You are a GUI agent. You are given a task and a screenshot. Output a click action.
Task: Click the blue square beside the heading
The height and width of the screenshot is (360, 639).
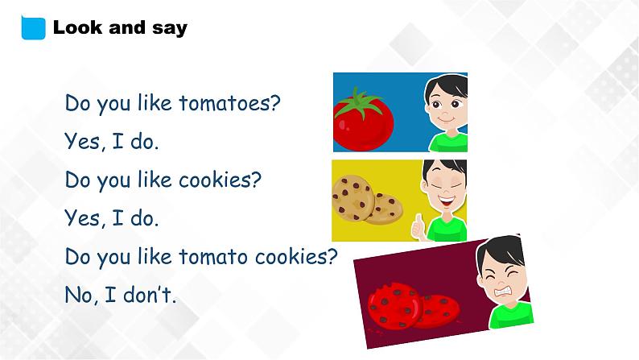(x=33, y=27)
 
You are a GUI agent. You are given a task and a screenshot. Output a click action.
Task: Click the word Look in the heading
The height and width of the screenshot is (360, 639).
(x=76, y=27)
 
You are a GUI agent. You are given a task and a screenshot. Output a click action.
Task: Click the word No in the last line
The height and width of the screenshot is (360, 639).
(x=80, y=295)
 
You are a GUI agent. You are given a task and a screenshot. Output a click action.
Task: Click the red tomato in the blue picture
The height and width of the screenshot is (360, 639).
(x=362, y=125)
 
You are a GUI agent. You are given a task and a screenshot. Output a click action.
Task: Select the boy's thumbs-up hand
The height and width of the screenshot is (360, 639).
(x=418, y=227)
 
